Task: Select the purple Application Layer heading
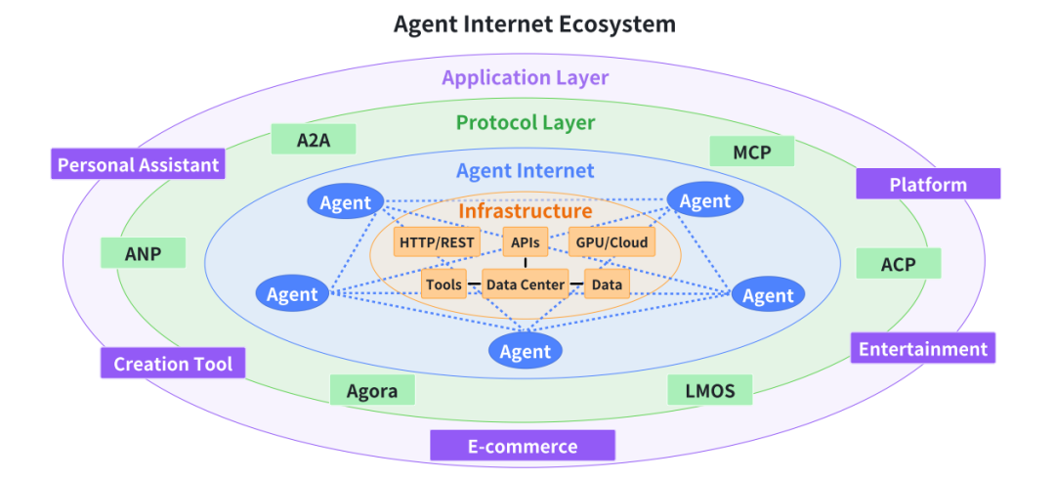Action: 525,77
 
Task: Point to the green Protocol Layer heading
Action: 525,122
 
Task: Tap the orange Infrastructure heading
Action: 526,210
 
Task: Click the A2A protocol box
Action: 314,140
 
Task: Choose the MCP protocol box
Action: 750,152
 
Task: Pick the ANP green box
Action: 143,254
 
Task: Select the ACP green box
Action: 898,264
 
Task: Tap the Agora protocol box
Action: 372,391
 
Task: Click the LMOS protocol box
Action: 710,390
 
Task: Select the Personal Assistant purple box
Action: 138,164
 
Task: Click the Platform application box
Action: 928,184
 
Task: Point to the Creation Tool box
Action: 173,364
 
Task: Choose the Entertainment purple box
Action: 922,348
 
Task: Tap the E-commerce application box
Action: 523,446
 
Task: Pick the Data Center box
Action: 526,284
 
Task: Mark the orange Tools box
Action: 443,284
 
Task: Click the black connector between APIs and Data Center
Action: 526,263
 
